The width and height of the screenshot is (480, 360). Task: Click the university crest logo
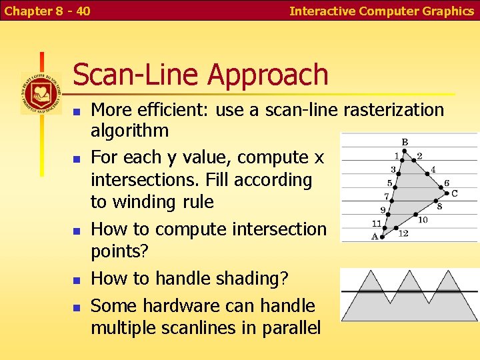point(41,93)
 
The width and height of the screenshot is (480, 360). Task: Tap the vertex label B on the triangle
point(405,142)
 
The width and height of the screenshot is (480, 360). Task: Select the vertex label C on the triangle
point(454,193)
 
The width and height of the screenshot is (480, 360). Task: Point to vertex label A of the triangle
point(375,236)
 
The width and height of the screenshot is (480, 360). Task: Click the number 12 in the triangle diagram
point(403,233)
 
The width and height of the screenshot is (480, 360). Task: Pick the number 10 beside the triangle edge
point(423,219)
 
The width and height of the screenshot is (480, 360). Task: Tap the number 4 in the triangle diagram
point(433,170)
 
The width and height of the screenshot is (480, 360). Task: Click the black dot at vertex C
point(445,189)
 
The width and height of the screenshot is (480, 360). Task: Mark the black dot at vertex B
point(405,152)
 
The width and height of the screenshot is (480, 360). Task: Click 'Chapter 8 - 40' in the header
point(47,11)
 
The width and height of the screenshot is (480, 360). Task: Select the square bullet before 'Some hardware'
point(77,307)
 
